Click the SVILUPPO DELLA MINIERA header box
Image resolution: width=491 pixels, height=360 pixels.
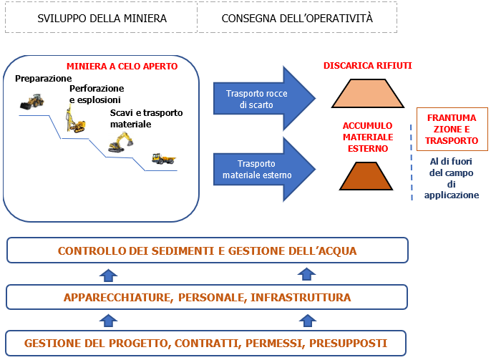click(x=101, y=17)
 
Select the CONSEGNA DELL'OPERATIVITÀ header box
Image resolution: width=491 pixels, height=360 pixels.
click(x=297, y=17)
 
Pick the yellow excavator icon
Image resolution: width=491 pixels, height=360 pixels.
click(x=120, y=143)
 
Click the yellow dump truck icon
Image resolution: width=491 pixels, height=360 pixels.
click(x=163, y=158)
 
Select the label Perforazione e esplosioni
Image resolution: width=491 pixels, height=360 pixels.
click(x=95, y=94)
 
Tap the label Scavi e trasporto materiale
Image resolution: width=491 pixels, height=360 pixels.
click(x=146, y=118)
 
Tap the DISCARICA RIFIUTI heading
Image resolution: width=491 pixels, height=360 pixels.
click(x=368, y=66)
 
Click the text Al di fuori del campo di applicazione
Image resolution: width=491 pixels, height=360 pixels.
click(x=452, y=177)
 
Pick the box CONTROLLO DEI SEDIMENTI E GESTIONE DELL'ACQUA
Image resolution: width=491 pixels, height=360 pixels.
click(x=207, y=251)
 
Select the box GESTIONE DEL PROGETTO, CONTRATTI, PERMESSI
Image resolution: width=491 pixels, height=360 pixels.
click(x=207, y=343)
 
